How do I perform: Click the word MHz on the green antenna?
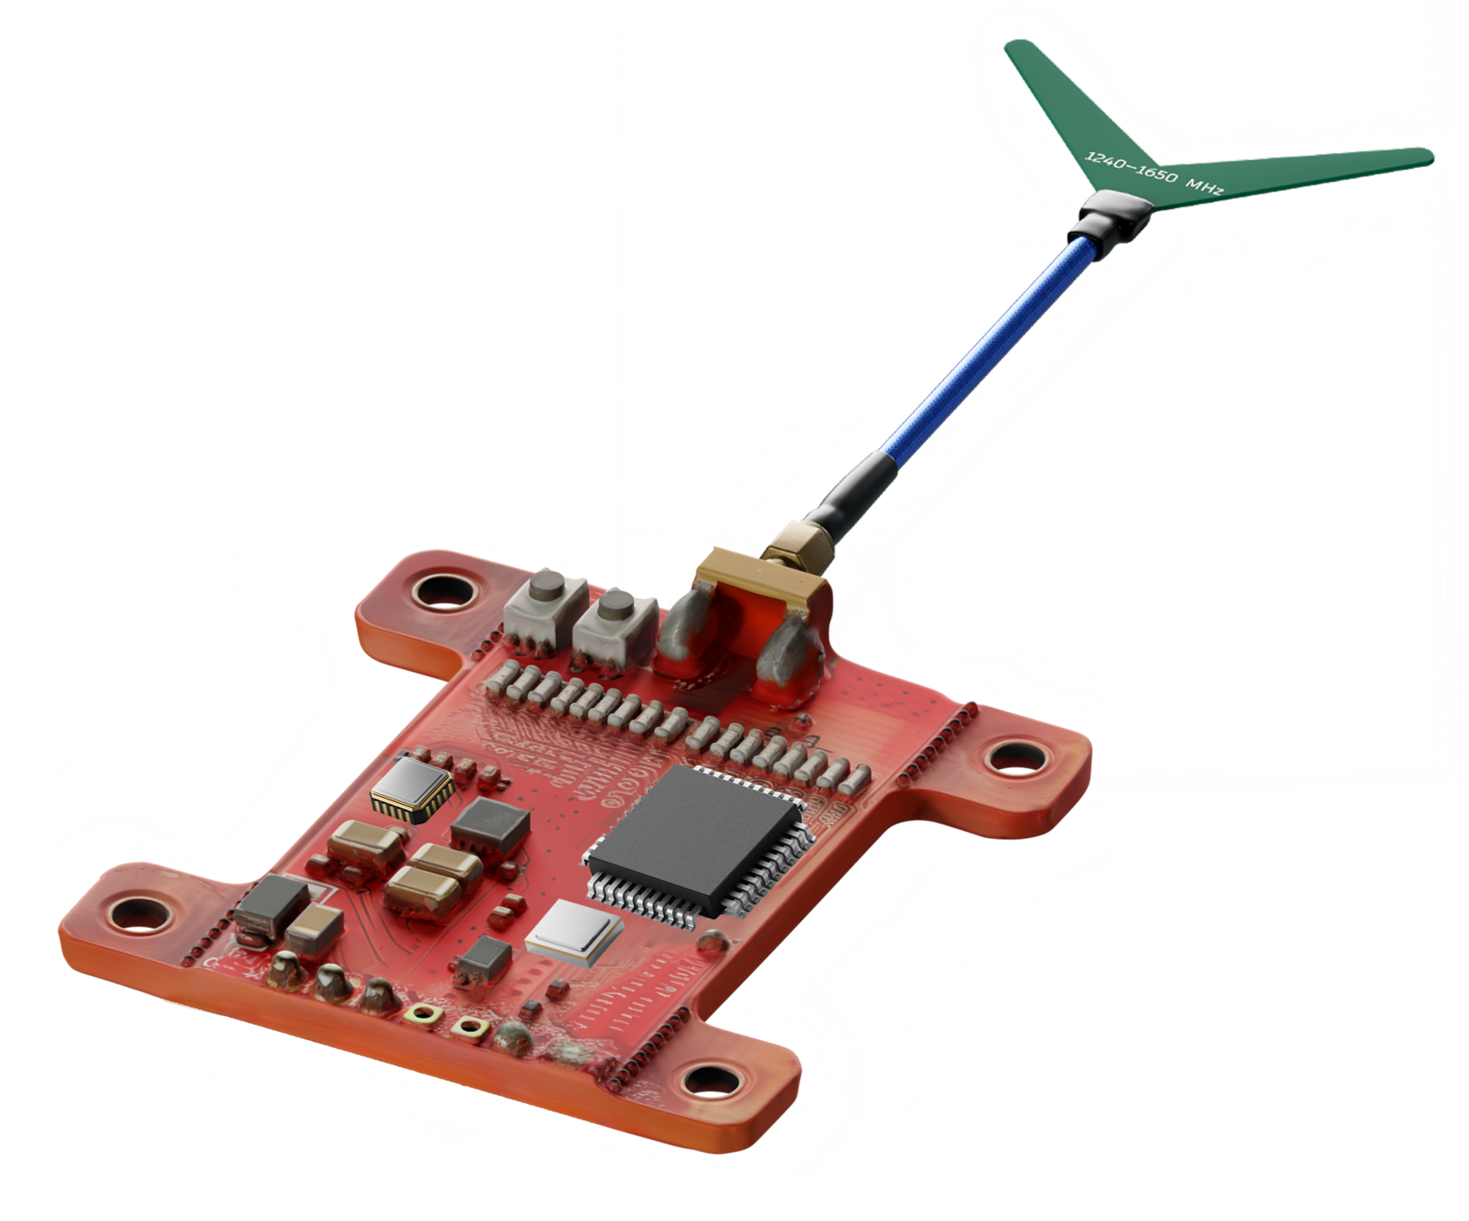pyautogui.click(x=1204, y=184)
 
